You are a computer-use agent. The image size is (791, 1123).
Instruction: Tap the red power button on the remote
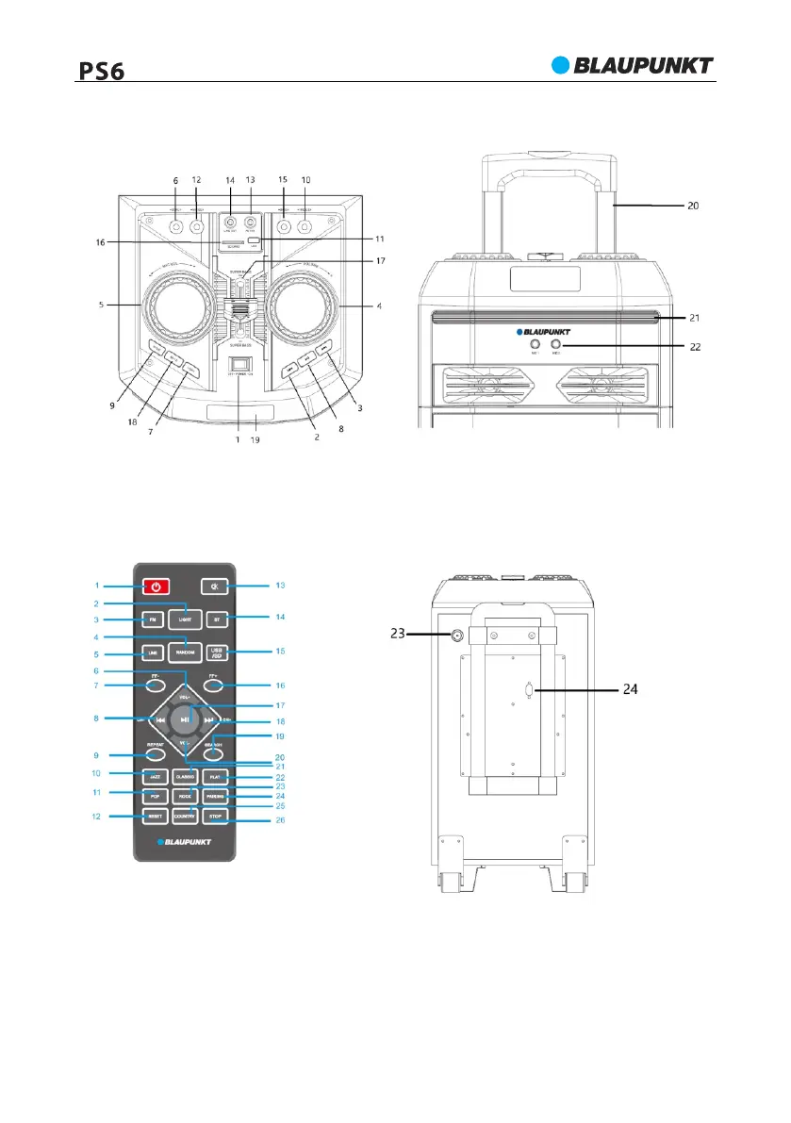pos(157,586)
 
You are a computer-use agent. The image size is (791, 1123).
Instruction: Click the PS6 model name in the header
pos(101,70)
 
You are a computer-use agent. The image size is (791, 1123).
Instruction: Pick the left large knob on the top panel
pos(176,308)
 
